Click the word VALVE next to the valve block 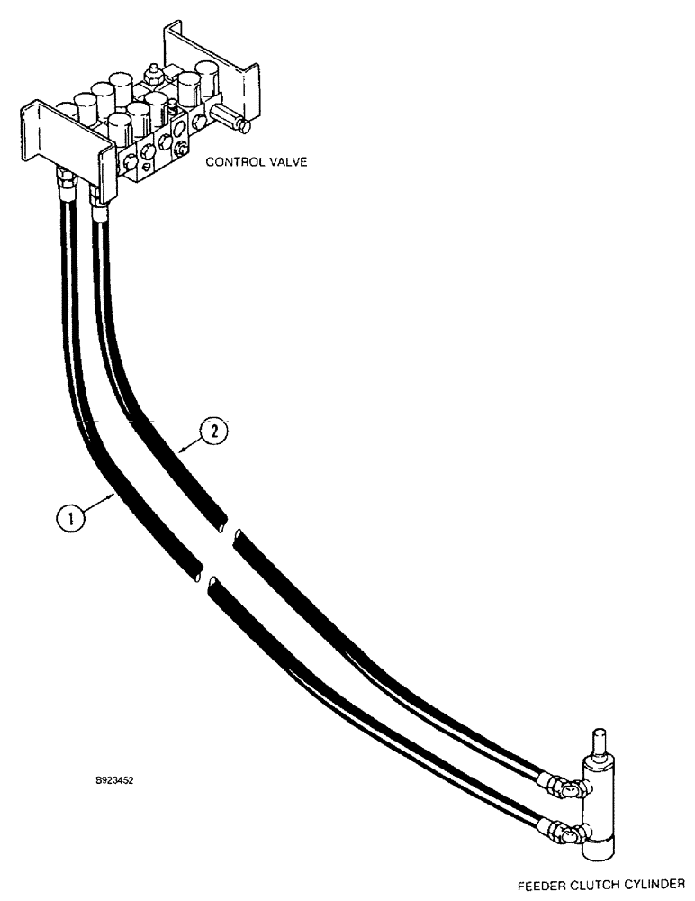click(284, 163)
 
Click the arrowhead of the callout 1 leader click(113, 494)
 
